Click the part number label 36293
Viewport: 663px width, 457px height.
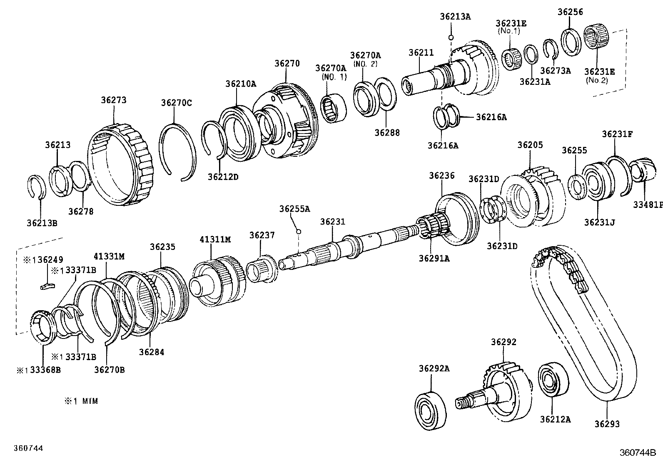pyautogui.click(x=607, y=424)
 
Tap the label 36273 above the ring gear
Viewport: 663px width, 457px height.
pyautogui.click(x=114, y=100)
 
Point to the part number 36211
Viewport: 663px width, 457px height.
pyautogui.click(x=421, y=53)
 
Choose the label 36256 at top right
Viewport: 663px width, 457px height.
pyautogui.click(x=570, y=12)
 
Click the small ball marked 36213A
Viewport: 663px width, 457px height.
pyautogui.click(x=451, y=37)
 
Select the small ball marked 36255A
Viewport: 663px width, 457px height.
pyautogui.click(x=298, y=231)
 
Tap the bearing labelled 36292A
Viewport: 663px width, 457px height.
pyautogui.click(x=430, y=410)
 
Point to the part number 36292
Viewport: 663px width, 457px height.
pyautogui.click(x=503, y=342)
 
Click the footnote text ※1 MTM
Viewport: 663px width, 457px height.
pyautogui.click(x=81, y=401)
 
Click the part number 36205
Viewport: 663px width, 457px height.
pyautogui.click(x=530, y=145)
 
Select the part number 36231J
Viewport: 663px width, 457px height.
pyautogui.click(x=599, y=222)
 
